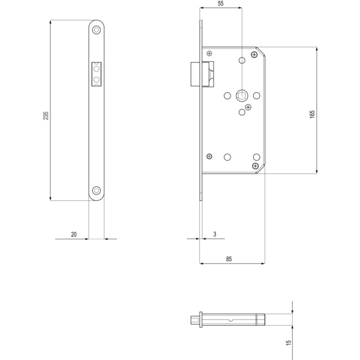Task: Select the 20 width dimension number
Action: [x=74, y=235]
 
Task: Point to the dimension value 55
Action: [x=221, y=4]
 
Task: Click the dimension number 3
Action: [x=214, y=235]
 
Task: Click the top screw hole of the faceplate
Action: [x=97, y=30]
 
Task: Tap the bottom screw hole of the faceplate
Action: [x=97, y=191]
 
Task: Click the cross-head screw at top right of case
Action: [x=255, y=55]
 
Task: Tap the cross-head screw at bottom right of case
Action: [x=256, y=165]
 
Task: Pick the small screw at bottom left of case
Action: [x=209, y=155]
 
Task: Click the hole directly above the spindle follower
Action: [x=242, y=61]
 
